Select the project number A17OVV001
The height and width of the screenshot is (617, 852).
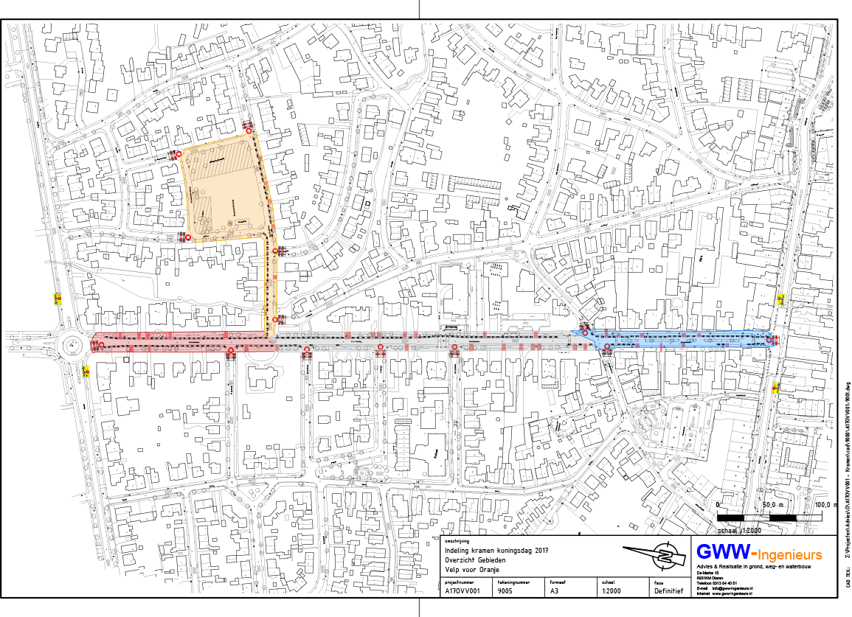pyautogui.click(x=463, y=591)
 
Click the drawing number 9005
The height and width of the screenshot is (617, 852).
pyautogui.click(x=505, y=591)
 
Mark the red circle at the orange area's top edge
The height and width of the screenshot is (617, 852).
pyautogui.click(x=249, y=131)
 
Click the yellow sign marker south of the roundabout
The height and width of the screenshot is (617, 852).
pyautogui.click(x=86, y=372)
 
